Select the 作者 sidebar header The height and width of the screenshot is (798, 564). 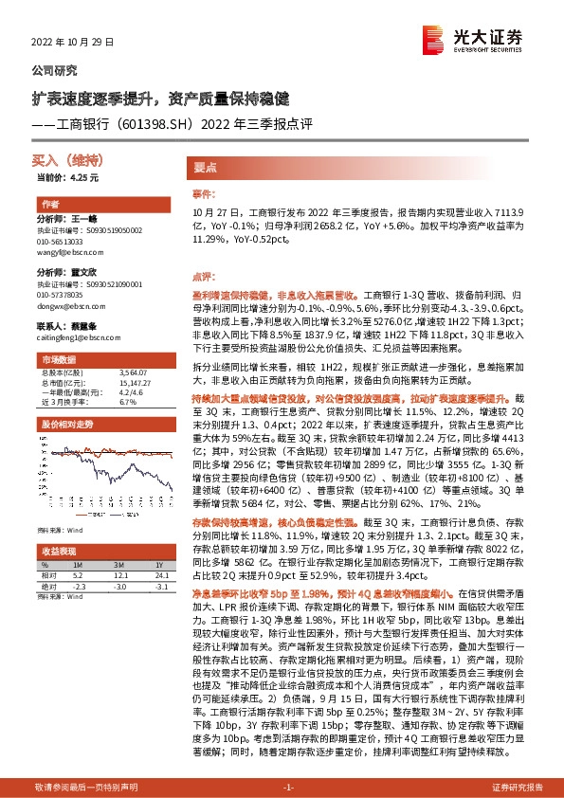pyautogui.click(x=48, y=205)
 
